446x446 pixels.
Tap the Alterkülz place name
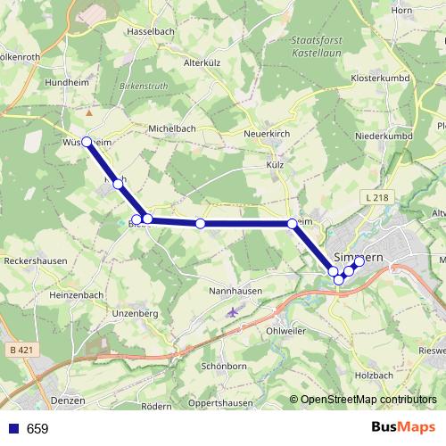click(202, 63)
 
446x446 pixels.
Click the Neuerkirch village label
click(267, 134)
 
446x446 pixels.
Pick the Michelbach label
click(172, 128)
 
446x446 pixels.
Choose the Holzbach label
click(373, 376)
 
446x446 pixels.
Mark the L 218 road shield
click(376, 196)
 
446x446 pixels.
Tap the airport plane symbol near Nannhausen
click(234, 312)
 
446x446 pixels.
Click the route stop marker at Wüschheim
click(87, 141)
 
